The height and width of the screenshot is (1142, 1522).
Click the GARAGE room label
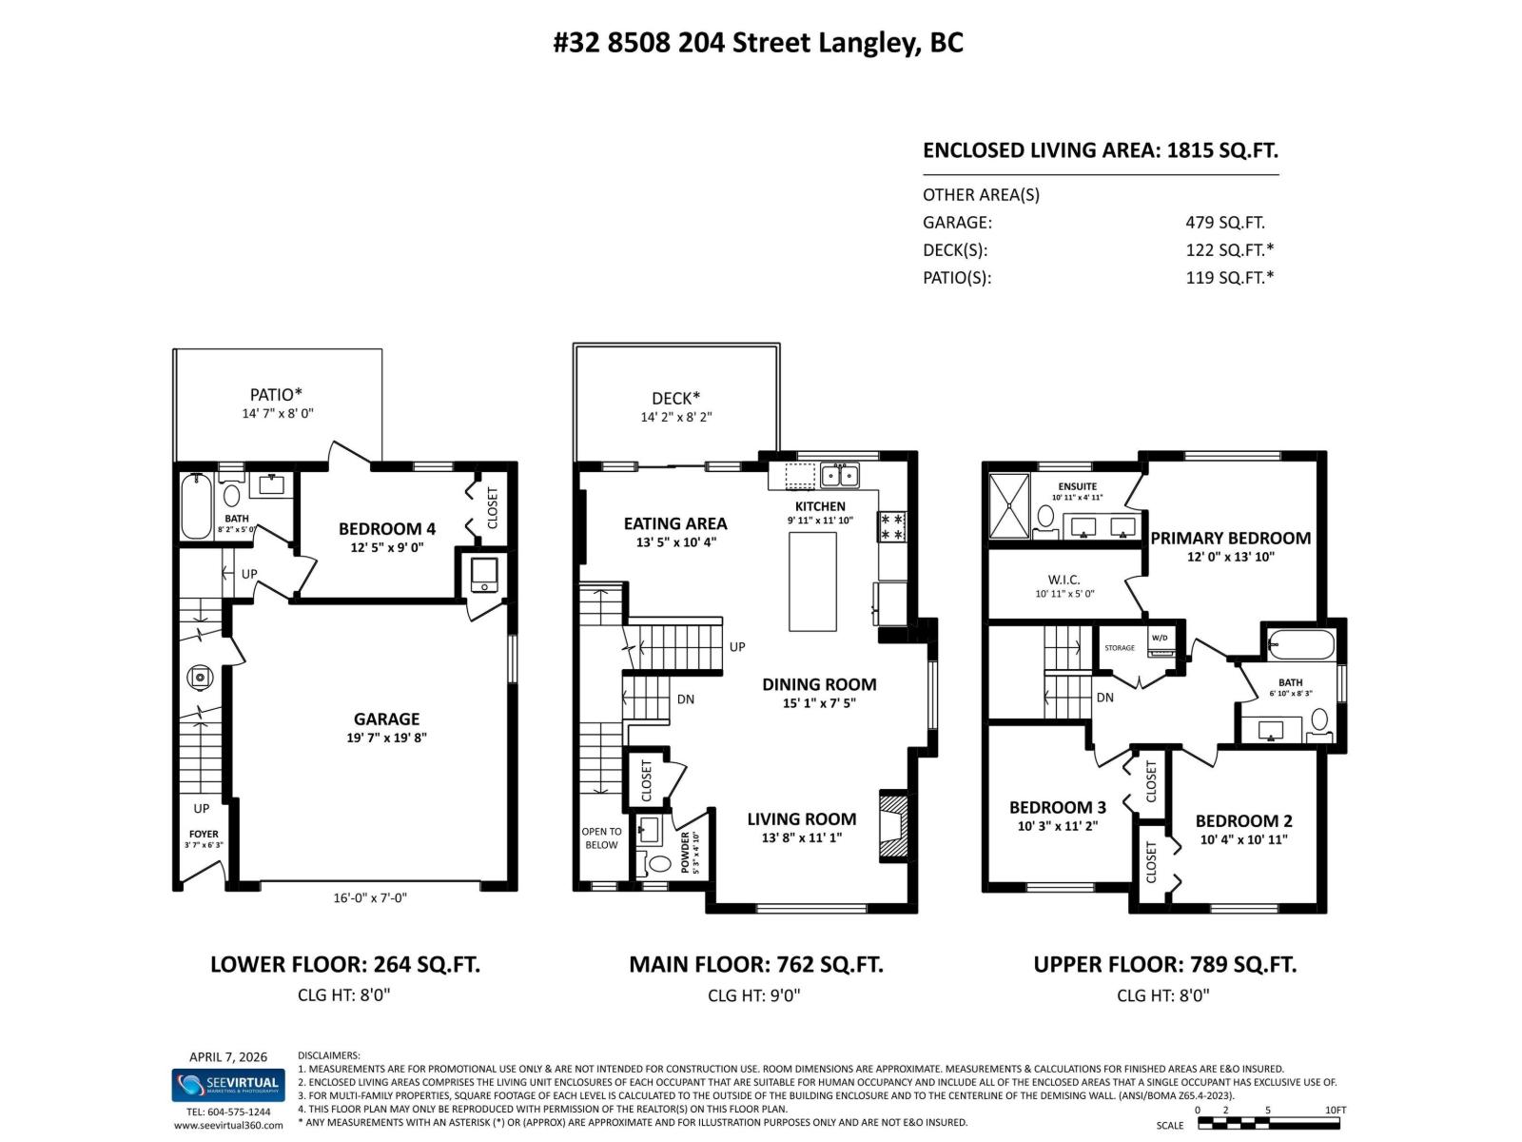386,719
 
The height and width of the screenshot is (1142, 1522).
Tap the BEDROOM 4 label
386,528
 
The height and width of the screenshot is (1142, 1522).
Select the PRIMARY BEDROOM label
1230,538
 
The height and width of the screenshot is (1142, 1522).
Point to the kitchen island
812,581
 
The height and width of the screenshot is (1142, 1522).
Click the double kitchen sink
840,474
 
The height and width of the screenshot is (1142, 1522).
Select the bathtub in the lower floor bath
196,506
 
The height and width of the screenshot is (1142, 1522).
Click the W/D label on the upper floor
1160,638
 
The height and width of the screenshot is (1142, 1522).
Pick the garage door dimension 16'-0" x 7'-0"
370,897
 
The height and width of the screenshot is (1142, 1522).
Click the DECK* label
675,398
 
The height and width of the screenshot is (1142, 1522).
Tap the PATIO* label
276,394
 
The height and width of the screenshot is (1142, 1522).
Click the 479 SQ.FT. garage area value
1224,223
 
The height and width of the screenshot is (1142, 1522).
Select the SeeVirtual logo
228,1084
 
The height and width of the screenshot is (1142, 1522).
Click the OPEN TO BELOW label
601,837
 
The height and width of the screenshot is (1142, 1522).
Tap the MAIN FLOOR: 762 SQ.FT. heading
755,964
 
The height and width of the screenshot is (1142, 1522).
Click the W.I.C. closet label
1063,580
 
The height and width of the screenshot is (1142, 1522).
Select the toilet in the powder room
658,865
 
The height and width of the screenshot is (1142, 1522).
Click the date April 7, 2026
228,1056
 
